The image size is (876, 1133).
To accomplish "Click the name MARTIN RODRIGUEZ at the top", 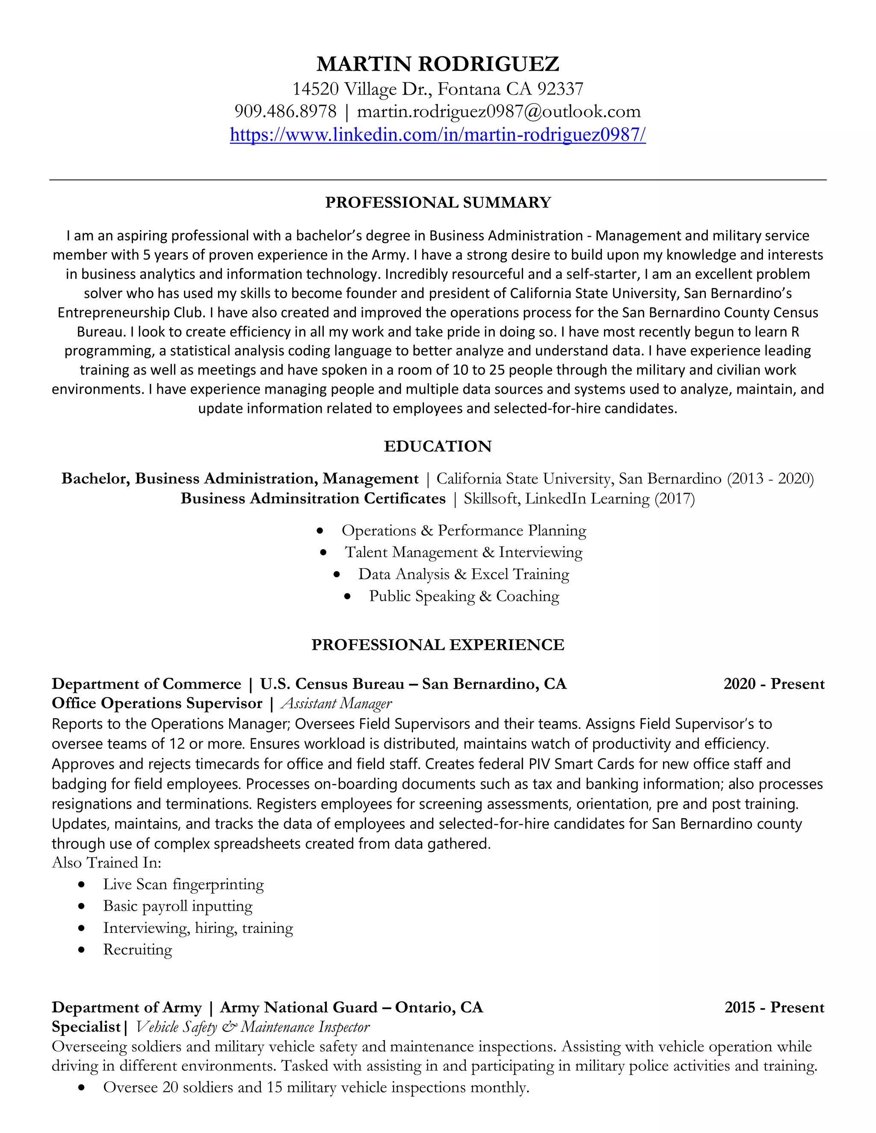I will pos(438,64).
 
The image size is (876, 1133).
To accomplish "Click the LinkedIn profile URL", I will pos(438,135).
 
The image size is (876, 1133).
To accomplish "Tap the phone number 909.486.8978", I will pos(285,112).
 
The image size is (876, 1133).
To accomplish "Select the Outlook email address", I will pos(498,112).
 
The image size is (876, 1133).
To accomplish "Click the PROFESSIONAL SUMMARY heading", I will pos(438,202).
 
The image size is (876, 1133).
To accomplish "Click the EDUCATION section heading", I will pos(438,446).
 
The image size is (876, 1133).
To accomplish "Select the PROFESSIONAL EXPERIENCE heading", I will pos(438,644).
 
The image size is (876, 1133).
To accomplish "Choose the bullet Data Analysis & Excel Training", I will pos(463,574).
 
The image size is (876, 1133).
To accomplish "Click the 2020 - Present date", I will pos(774,684).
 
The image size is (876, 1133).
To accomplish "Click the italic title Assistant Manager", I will pos(336,703).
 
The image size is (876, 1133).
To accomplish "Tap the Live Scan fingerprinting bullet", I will pos(183,884).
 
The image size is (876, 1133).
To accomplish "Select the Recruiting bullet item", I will pos(138,949).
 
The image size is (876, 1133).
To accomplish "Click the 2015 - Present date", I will pos(774,1007).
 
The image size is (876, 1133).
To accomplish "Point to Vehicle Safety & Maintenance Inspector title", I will pos(253,1027).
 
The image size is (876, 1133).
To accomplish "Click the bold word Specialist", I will pos(86,1027).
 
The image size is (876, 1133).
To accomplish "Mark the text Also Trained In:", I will pos(107,863).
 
